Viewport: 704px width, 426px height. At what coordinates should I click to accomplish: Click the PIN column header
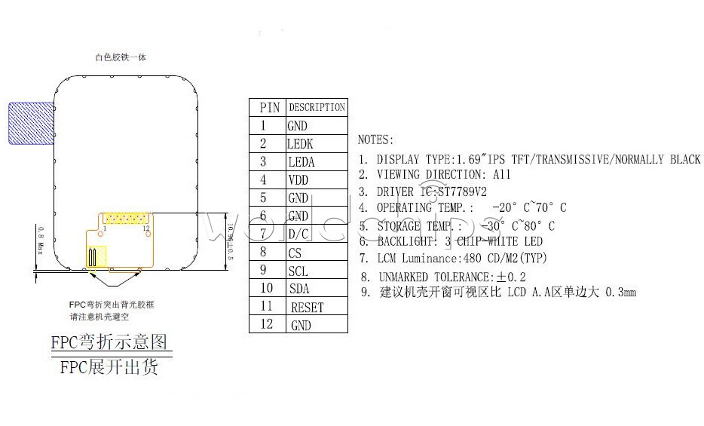[269, 108]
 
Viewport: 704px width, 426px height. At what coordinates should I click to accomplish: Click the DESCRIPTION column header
[317, 107]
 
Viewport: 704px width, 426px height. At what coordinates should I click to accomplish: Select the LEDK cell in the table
[300, 144]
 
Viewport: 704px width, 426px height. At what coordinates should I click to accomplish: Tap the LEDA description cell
[301, 162]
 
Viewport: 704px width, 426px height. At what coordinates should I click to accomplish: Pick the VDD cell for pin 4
[298, 180]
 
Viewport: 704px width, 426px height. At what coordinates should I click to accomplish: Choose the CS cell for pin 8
[295, 253]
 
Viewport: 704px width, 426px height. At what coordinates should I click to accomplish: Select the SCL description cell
[297, 271]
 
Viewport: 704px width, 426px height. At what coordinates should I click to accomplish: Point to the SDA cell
[298, 289]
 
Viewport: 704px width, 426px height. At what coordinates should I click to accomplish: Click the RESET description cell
[307, 307]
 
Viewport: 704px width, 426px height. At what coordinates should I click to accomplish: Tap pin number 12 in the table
[265, 325]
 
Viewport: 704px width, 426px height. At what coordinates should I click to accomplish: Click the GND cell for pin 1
[298, 126]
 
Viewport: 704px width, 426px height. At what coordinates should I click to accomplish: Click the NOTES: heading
[375, 139]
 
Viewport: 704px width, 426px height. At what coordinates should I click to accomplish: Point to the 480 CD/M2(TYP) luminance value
[500, 259]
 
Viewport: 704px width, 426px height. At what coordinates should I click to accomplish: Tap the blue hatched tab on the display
[31, 123]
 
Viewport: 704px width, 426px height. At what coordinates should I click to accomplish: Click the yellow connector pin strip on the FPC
[125, 218]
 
